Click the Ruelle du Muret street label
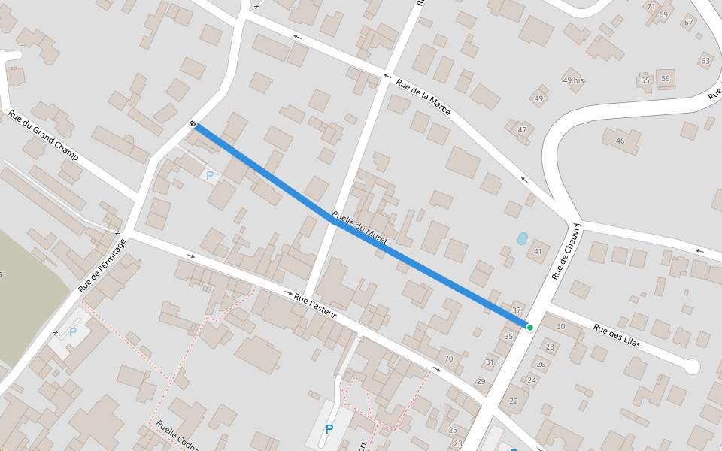tap(359, 226)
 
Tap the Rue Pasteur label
tap(314, 307)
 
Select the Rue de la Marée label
tap(423, 97)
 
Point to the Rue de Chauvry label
tap(566, 250)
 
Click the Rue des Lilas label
tap(616, 335)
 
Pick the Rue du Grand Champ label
tap(43, 135)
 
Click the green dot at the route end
tap(530, 328)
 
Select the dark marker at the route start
tap(193, 124)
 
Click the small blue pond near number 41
tap(522, 238)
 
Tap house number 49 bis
tap(573, 80)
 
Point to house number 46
tap(620, 141)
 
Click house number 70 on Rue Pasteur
tap(448, 359)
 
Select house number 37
tap(516, 310)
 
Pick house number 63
tap(705, 61)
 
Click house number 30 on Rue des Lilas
tap(560, 326)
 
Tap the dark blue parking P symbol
tap(329, 429)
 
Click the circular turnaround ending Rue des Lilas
tap(692, 367)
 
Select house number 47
tap(522, 130)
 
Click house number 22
tap(514, 401)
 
